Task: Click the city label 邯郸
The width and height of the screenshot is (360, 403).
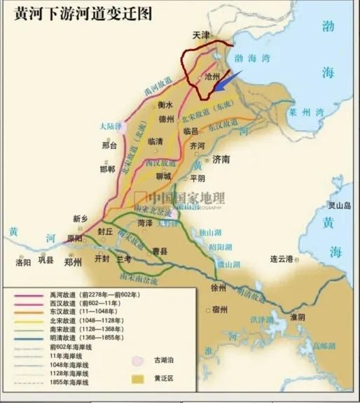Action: [107, 169]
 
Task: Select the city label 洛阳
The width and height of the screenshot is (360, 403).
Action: [23, 262]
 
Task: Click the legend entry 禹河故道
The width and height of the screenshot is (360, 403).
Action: [66, 294]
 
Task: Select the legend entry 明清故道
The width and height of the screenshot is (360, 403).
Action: [66, 336]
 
